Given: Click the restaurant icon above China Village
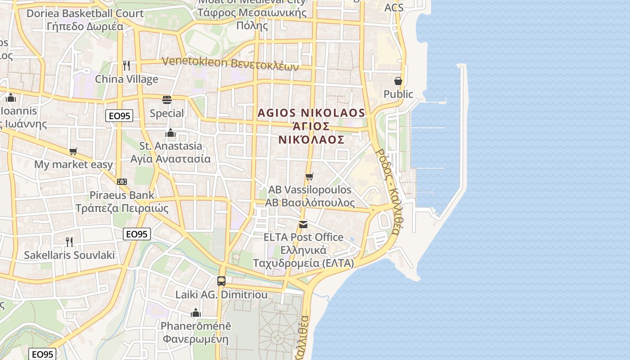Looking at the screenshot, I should (x=126, y=66).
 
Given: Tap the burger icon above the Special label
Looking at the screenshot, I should (x=167, y=99).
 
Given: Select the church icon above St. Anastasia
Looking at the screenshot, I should (x=171, y=133).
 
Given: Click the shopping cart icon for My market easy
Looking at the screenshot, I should (x=73, y=152).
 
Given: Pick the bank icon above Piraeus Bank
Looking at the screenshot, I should (x=121, y=182).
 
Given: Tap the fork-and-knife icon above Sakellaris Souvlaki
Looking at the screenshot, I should (x=69, y=242).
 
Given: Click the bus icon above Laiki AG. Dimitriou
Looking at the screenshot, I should (x=221, y=281).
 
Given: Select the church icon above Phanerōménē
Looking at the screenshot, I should (x=196, y=312).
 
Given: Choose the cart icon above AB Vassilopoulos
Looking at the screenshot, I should (x=309, y=176).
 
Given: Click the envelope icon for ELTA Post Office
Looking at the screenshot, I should (x=303, y=224).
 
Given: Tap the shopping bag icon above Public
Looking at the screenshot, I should (x=398, y=81).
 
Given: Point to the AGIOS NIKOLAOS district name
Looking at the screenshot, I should (x=311, y=112).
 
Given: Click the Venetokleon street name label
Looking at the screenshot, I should (x=230, y=63).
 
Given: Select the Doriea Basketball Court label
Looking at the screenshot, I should (x=85, y=13).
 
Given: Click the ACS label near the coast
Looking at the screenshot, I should (x=394, y=8).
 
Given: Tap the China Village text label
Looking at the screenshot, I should (x=126, y=80).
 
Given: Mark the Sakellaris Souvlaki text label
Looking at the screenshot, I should (x=69, y=255).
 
